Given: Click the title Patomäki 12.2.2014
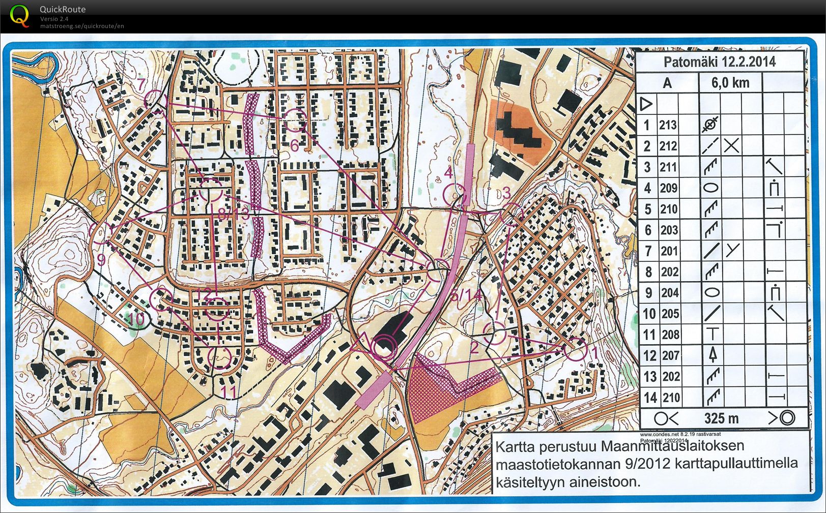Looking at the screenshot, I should (x=719, y=62).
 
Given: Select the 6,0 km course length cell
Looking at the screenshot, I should (x=730, y=83).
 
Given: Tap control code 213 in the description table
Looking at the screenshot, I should (x=668, y=125).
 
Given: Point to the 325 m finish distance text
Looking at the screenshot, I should (x=721, y=418).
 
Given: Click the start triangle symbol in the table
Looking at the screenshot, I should (x=646, y=104).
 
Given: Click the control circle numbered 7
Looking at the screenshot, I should (x=155, y=100).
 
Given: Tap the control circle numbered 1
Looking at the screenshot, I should (x=575, y=349).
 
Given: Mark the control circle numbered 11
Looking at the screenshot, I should (x=220, y=357).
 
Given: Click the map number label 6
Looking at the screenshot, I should (x=295, y=145).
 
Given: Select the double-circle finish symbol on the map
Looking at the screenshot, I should (x=384, y=348).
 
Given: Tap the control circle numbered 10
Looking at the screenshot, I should (x=162, y=299).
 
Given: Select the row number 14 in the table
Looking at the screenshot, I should (x=650, y=398).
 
